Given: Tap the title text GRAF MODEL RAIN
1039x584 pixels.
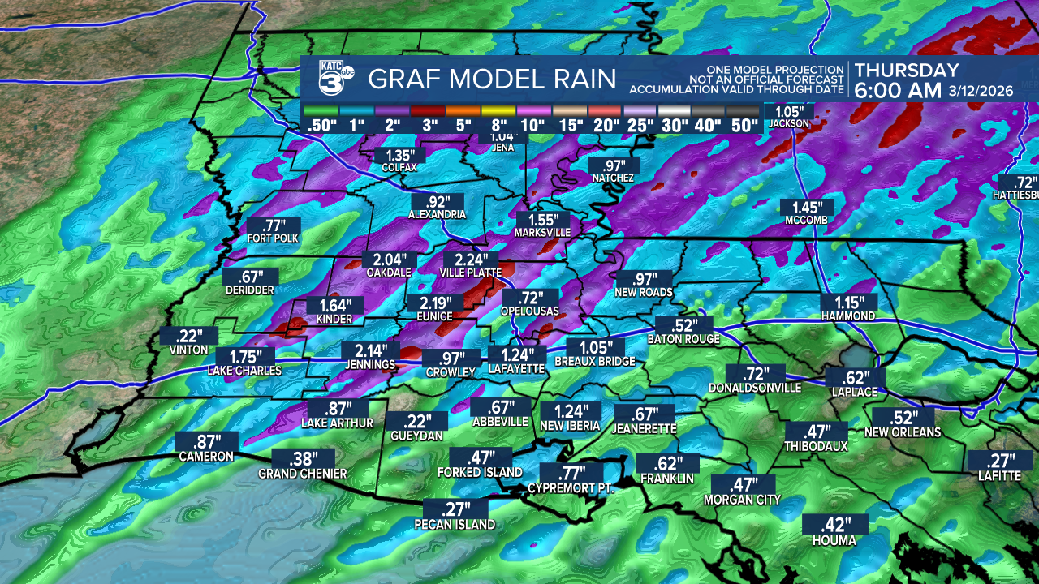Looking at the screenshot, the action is [492, 79].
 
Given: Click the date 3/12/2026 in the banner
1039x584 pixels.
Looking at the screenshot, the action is [981, 91].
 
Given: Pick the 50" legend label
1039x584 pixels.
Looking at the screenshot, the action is [742, 126].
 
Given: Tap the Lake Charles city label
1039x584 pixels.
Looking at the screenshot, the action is [244, 371].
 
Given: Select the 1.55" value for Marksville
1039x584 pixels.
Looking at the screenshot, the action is [542, 220].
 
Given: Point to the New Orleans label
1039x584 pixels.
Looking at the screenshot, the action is [903, 432].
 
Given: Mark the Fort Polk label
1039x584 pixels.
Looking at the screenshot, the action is [274, 238].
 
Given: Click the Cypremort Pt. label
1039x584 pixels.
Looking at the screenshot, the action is [571, 487].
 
